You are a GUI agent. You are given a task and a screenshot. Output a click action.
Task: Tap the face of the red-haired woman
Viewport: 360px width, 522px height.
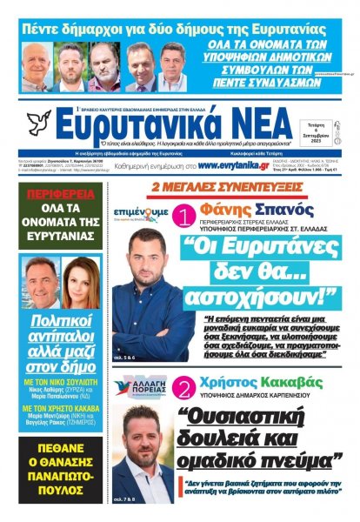[x=74, y=284]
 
